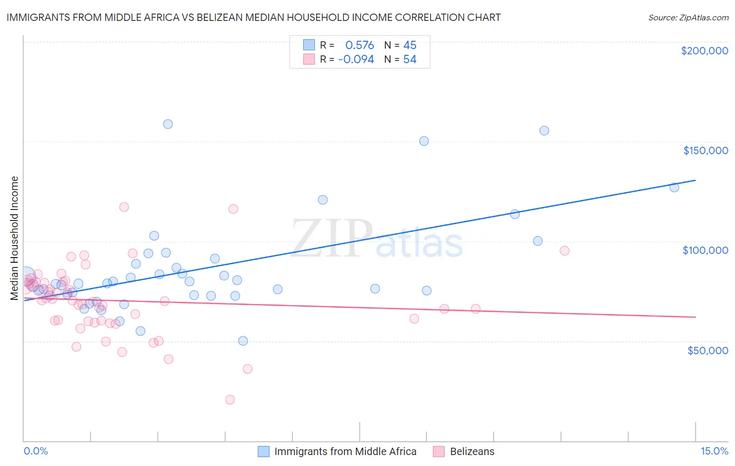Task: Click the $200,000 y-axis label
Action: (704, 51)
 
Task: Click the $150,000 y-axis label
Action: (705, 150)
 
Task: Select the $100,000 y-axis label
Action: (705, 250)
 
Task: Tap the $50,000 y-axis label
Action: (707, 350)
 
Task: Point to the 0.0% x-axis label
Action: (36, 451)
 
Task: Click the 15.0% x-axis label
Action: (714, 451)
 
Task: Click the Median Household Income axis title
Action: (15, 238)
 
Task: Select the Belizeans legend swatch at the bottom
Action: (439, 451)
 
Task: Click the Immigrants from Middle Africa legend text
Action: (345, 451)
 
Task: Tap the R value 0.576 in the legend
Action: (360, 45)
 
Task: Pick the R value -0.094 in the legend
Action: (356, 60)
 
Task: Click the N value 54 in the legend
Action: (410, 60)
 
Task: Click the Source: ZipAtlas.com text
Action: (688, 18)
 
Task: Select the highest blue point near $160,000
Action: (168, 124)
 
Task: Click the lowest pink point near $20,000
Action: (230, 400)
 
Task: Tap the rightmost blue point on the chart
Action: (674, 187)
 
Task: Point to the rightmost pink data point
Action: (564, 251)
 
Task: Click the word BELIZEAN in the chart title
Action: (221, 18)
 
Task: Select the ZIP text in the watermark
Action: (331, 239)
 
